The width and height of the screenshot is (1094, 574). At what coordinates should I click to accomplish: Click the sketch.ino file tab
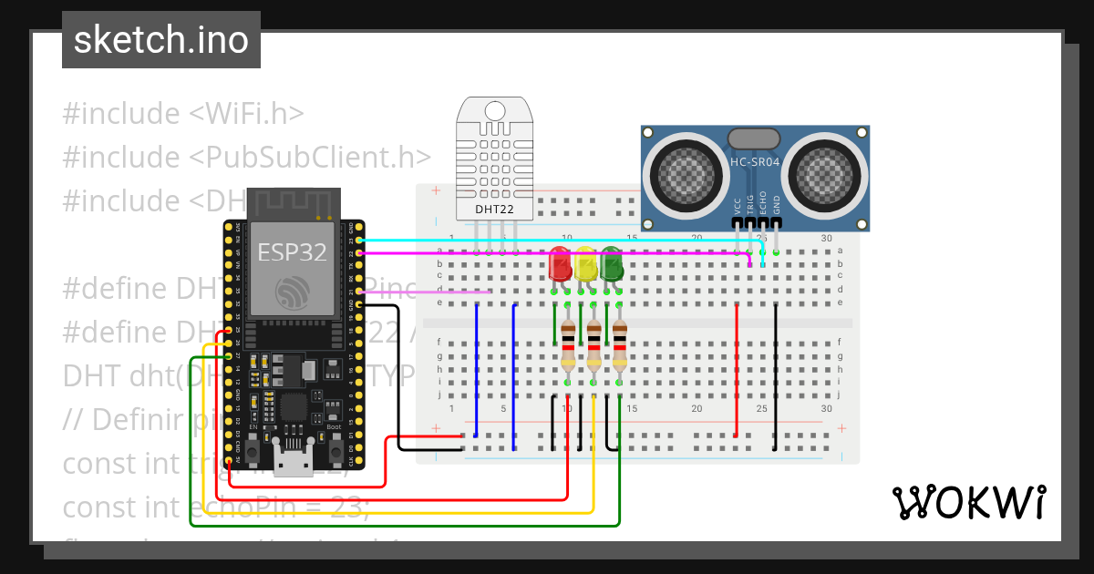point(160,40)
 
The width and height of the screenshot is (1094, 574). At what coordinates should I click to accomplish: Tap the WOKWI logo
point(967,502)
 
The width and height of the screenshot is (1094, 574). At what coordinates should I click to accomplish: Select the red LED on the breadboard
point(560,264)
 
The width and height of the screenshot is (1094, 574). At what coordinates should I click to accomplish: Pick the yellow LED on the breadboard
point(585,264)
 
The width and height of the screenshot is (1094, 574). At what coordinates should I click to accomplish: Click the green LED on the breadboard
point(611,264)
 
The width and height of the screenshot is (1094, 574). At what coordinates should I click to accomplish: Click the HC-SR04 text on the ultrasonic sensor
point(754,162)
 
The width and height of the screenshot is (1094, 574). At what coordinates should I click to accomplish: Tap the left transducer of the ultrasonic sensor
point(682,172)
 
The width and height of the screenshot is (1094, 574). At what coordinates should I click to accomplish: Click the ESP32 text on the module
point(292,251)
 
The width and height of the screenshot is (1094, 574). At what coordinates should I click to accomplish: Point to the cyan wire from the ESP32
point(547,241)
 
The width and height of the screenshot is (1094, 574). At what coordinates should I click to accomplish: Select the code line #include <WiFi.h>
point(183,114)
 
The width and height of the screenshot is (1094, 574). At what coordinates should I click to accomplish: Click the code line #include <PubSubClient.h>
point(247,157)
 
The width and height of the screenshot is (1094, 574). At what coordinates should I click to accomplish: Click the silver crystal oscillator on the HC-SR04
point(754,138)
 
